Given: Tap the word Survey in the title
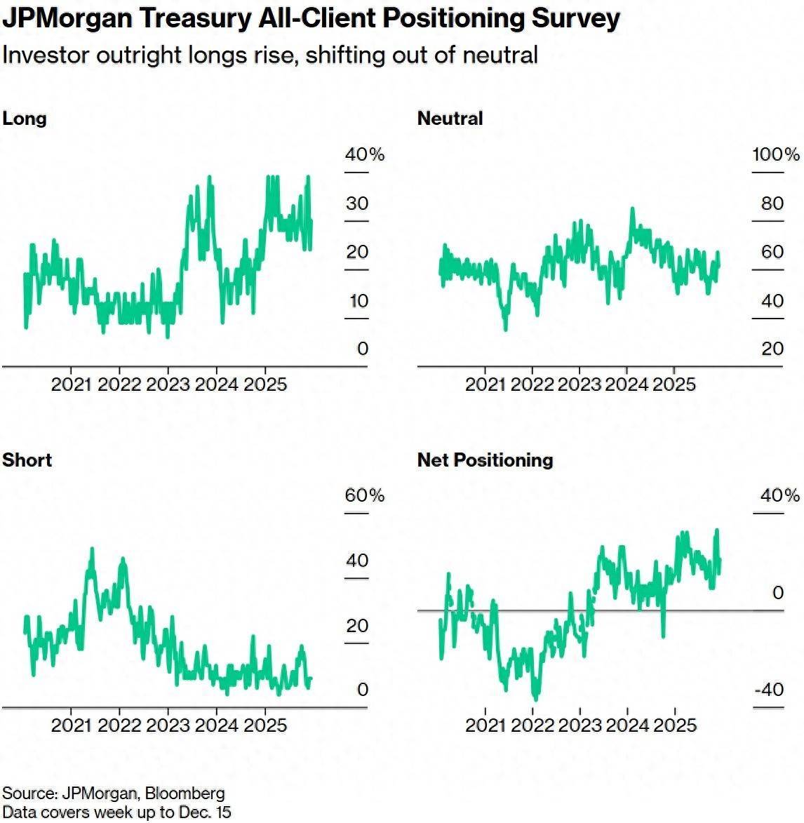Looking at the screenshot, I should (x=575, y=18).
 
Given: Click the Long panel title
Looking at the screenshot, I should (x=25, y=118).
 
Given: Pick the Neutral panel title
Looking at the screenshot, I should (x=450, y=118).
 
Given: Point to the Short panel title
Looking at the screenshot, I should (x=27, y=460).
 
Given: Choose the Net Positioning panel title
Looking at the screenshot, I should (x=485, y=460).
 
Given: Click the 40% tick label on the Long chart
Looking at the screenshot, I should (x=365, y=154).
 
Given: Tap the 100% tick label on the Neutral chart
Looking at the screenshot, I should (x=776, y=154).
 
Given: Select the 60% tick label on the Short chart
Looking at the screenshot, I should (x=365, y=495).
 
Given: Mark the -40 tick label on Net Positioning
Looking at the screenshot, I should (x=769, y=690).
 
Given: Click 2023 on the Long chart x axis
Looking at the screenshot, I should (x=168, y=384).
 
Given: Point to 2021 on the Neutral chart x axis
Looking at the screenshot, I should (x=485, y=384).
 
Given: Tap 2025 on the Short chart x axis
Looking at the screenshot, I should (x=265, y=725).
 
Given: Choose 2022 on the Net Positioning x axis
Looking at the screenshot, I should (x=532, y=725).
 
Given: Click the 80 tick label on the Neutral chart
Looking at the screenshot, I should (x=772, y=203).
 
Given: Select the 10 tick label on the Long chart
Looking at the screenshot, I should (x=359, y=301).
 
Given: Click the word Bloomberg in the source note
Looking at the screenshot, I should (x=185, y=794).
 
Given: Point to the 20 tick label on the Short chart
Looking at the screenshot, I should (x=357, y=625).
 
